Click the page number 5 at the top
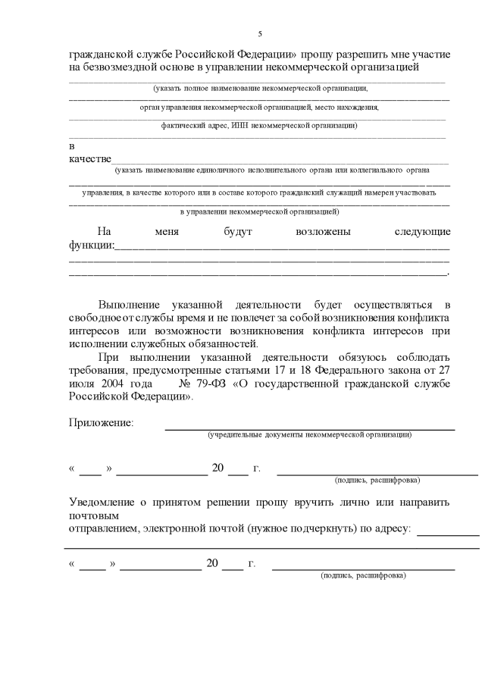(260, 34)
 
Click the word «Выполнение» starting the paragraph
(130, 303)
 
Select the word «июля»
(82, 384)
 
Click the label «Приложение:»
(102, 422)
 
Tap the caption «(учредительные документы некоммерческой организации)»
(309, 435)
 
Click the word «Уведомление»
(104, 502)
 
